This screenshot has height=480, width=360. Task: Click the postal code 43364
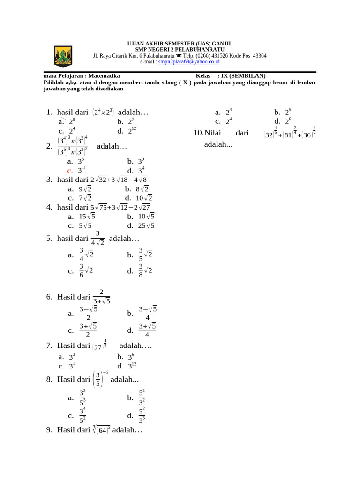click(x=260, y=55)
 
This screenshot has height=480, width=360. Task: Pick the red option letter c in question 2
click(x=69, y=171)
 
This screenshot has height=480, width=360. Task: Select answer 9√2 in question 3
click(x=85, y=189)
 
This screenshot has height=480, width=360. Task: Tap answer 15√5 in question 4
click(x=87, y=216)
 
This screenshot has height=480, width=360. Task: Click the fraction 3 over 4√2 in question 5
click(x=97, y=238)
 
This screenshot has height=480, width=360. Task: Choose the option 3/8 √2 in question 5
click(x=145, y=270)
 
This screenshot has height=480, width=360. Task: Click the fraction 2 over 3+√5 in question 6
click(x=101, y=297)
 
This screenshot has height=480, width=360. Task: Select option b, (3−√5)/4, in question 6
click(x=148, y=313)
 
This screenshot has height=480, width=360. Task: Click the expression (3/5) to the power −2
click(x=100, y=379)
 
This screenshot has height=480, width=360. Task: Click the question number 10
click(x=199, y=133)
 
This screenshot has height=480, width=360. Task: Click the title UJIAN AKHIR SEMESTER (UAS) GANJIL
click(x=180, y=43)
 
